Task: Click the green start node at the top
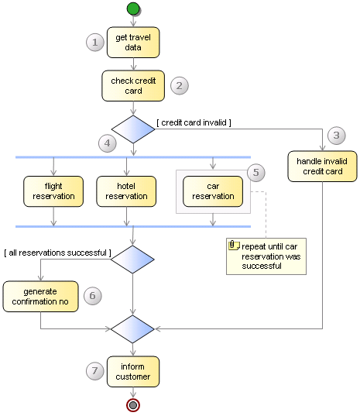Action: click(133, 9)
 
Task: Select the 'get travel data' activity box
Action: click(133, 43)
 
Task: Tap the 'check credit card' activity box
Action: click(133, 86)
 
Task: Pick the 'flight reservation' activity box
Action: click(53, 191)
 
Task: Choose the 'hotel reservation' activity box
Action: click(126, 191)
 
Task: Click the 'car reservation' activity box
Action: click(213, 191)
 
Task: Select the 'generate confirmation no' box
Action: click(41, 296)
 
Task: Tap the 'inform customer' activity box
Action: click(133, 372)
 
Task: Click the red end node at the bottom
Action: click(133, 404)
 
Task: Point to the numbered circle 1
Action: click(94, 43)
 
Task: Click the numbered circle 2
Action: click(180, 85)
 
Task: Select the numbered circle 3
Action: click(335, 135)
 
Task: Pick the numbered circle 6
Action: click(92, 295)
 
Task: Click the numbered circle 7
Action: click(94, 371)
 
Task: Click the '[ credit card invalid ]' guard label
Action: click(194, 122)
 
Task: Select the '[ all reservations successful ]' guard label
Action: click(57, 253)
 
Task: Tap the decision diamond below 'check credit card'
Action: click(133, 129)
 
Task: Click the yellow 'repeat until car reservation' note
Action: click(266, 255)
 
